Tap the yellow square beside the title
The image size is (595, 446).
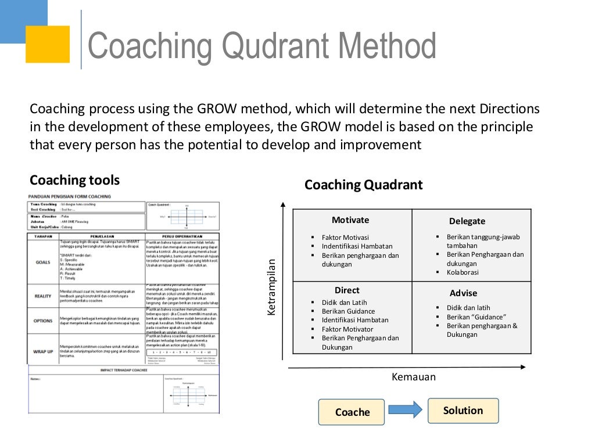[48, 44]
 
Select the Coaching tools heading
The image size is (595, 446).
[74, 180]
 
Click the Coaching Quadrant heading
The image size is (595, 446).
[364, 185]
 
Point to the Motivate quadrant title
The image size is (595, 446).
[350, 220]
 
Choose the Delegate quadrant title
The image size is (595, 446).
[467, 221]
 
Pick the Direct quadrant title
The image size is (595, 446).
[347, 290]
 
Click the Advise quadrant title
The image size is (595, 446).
[463, 293]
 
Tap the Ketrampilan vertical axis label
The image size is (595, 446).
[271, 288]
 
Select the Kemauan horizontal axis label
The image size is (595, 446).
[414, 377]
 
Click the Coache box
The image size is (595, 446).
[352, 412]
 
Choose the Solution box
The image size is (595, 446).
[463, 411]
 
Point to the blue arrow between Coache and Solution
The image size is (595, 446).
[405, 411]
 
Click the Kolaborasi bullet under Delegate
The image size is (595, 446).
[463, 272]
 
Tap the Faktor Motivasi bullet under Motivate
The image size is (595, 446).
[345, 238]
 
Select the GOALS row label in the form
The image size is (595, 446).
[43, 262]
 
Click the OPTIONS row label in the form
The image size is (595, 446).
[43, 320]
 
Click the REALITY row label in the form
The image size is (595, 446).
[43, 296]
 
